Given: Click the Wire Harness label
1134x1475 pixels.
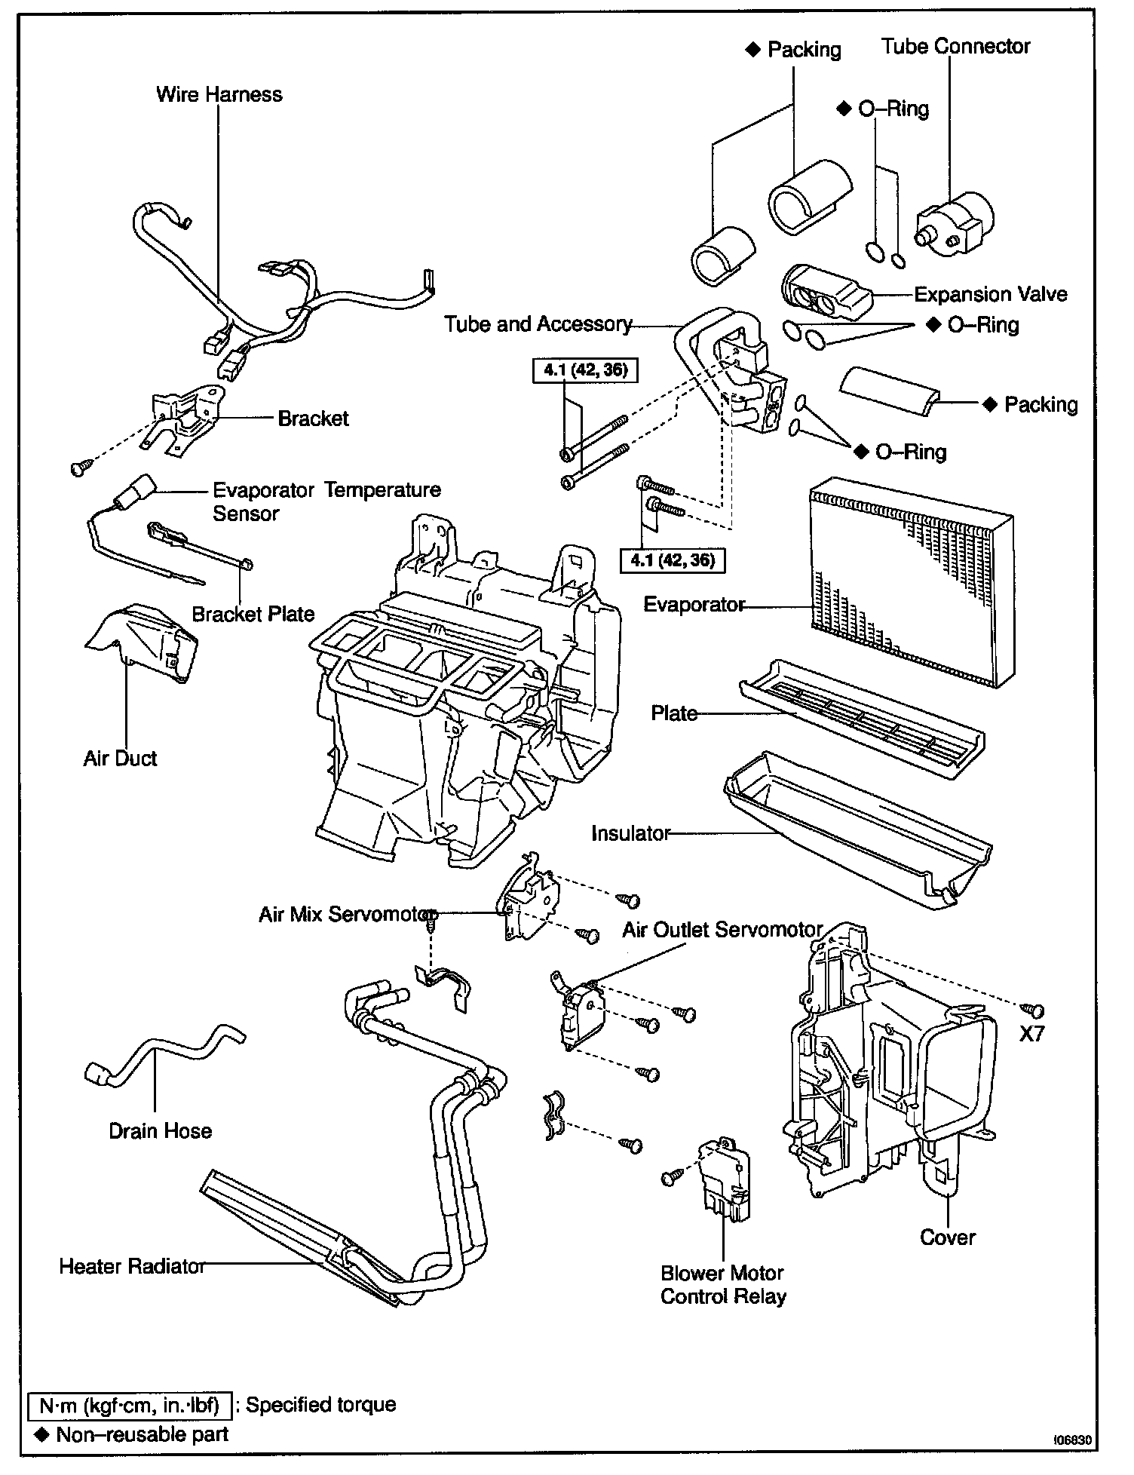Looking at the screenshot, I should (219, 95).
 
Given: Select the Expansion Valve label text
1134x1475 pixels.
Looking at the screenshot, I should (990, 294).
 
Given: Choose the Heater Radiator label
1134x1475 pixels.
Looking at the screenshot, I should (132, 1266).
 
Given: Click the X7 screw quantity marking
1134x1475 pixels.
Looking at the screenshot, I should (1031, 1034).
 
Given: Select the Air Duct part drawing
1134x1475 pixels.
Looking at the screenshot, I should (143, 641).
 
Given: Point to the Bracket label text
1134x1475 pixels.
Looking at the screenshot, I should (313, 419).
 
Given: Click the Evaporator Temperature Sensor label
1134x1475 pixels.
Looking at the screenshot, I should (326, 501).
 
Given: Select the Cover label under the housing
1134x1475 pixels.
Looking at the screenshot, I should (948, 1237).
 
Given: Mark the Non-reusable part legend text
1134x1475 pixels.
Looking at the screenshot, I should (142, 1434).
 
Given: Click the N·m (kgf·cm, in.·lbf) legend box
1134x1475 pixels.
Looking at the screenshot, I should (130, 1405).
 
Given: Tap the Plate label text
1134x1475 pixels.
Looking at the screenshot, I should (674, 713).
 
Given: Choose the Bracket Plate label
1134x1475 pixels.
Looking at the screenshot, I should (253, 614).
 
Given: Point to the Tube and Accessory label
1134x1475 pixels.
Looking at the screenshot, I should (538, 324).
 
